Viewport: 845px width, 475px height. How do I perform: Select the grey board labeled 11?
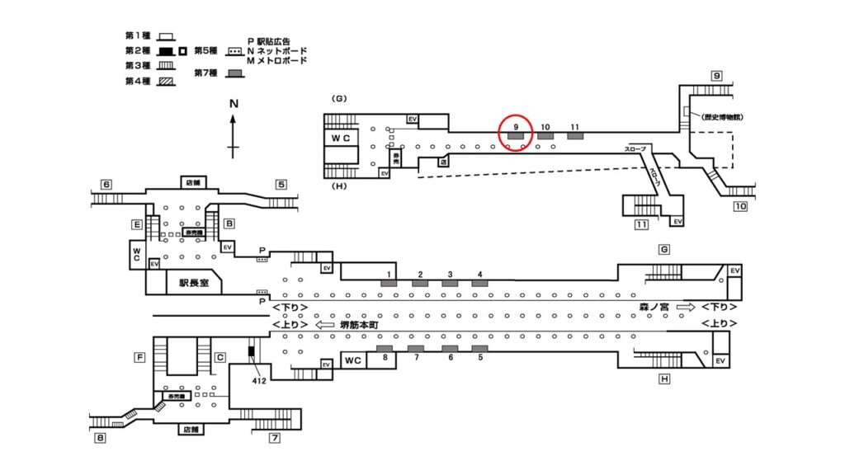click(x=575, y=135)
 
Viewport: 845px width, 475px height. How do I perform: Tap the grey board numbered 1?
click(x=388, y=284)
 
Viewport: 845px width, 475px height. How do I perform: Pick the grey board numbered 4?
click(x=479, y=284)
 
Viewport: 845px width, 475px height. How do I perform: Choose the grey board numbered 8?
click(x=385, y=349)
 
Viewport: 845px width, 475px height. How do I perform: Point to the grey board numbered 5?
click(x=479, y=349)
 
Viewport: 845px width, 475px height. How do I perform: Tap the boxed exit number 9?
click(x=717, y=76)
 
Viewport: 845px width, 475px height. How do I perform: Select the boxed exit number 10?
click(x=740, y=205)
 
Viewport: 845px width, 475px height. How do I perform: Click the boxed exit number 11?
click(x=640, y=224)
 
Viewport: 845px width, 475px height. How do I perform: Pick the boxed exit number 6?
click(x=106, y=184)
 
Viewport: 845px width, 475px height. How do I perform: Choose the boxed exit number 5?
click(x=281, y=184)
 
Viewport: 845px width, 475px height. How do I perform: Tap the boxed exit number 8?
click(x=100, y=438)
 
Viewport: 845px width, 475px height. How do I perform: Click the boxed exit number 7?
click(x=275, y=438)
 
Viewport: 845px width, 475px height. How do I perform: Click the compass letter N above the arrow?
click(x=234, y=104)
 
